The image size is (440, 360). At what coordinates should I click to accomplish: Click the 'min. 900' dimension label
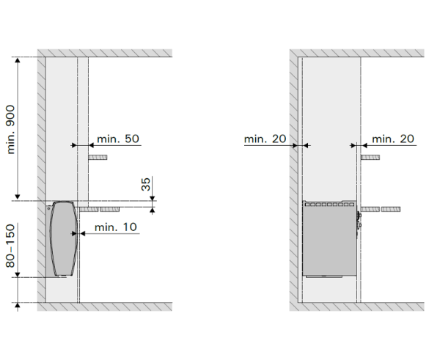pyautogui.click(x=11, y=129)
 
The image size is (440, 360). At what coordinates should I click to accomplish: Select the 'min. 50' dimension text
pyautogui.click(x=118, y=139)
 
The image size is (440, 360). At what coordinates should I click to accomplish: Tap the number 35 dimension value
pyautogui.click(x=146, y=184)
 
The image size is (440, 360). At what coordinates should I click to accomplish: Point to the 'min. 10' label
pyautogui.click(x=116, y=227)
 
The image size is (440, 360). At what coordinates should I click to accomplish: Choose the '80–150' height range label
pyautogui.click(x=10, y=246)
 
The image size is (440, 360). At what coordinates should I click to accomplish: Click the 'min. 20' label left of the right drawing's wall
pyautogui.click(x=265, y=139)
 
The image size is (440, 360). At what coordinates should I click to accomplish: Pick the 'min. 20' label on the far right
pyautogui.click(x=393, y=139)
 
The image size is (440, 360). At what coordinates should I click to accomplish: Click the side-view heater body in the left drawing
pyautogui.click(x=64, y=238)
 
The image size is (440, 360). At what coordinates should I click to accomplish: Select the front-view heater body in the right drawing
pyautogui.click(x=329, y=238)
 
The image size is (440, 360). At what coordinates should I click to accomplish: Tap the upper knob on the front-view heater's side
pyautogui.click(x=359, y=216)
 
